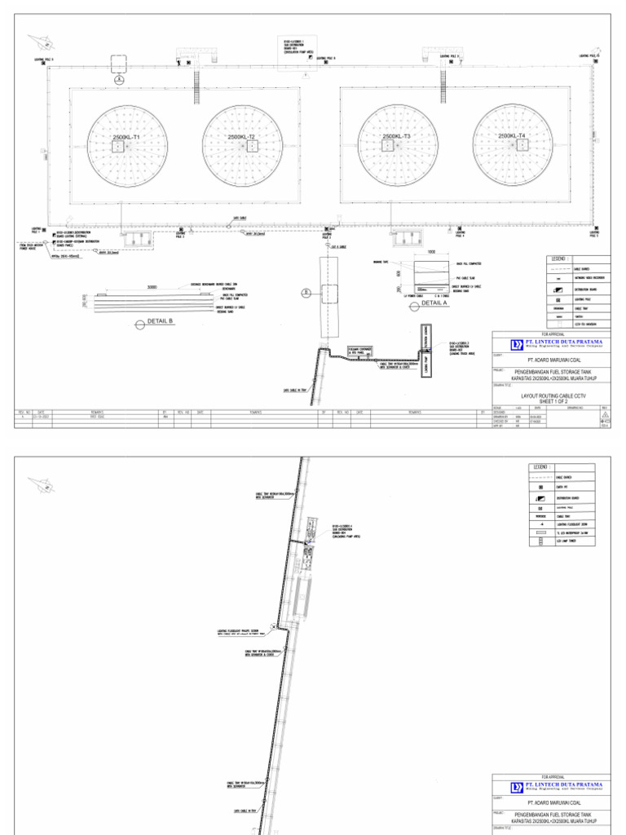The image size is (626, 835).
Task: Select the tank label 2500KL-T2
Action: (240, 137)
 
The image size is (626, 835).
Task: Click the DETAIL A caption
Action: (434, 303)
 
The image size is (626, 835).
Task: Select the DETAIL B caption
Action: (160, 322)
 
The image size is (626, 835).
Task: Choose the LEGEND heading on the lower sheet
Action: (542, 466)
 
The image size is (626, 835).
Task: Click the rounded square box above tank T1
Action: (118, 63)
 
